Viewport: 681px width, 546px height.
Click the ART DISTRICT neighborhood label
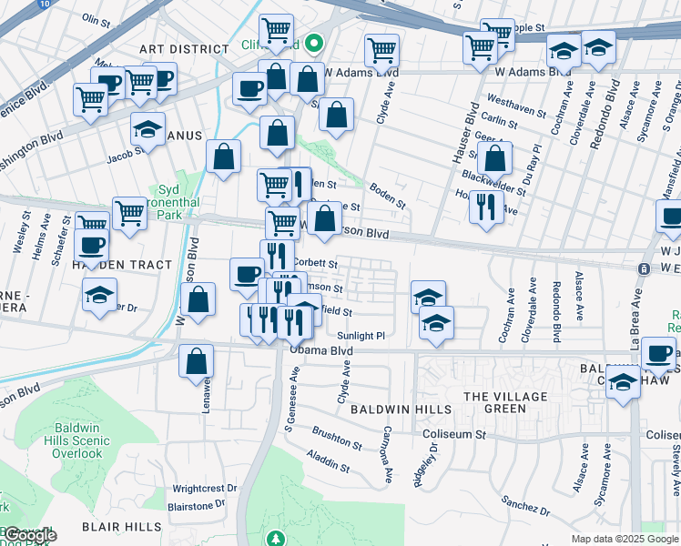tap(183, 48)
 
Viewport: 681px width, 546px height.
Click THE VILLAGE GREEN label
tap(505, 402)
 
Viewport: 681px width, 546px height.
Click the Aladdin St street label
tap(328, 460)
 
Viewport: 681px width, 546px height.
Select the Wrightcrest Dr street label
tap(204, 488)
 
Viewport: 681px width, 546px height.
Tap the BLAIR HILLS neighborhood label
tap(121, 527)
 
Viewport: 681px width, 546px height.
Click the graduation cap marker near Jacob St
tap(147, 130)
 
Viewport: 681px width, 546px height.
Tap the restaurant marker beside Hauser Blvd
tap(487, 207)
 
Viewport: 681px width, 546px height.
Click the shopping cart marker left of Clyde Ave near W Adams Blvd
tap(381, 49)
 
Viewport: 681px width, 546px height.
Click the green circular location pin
tap(313, 42)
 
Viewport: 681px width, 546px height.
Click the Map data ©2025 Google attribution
tap(624, 539)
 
